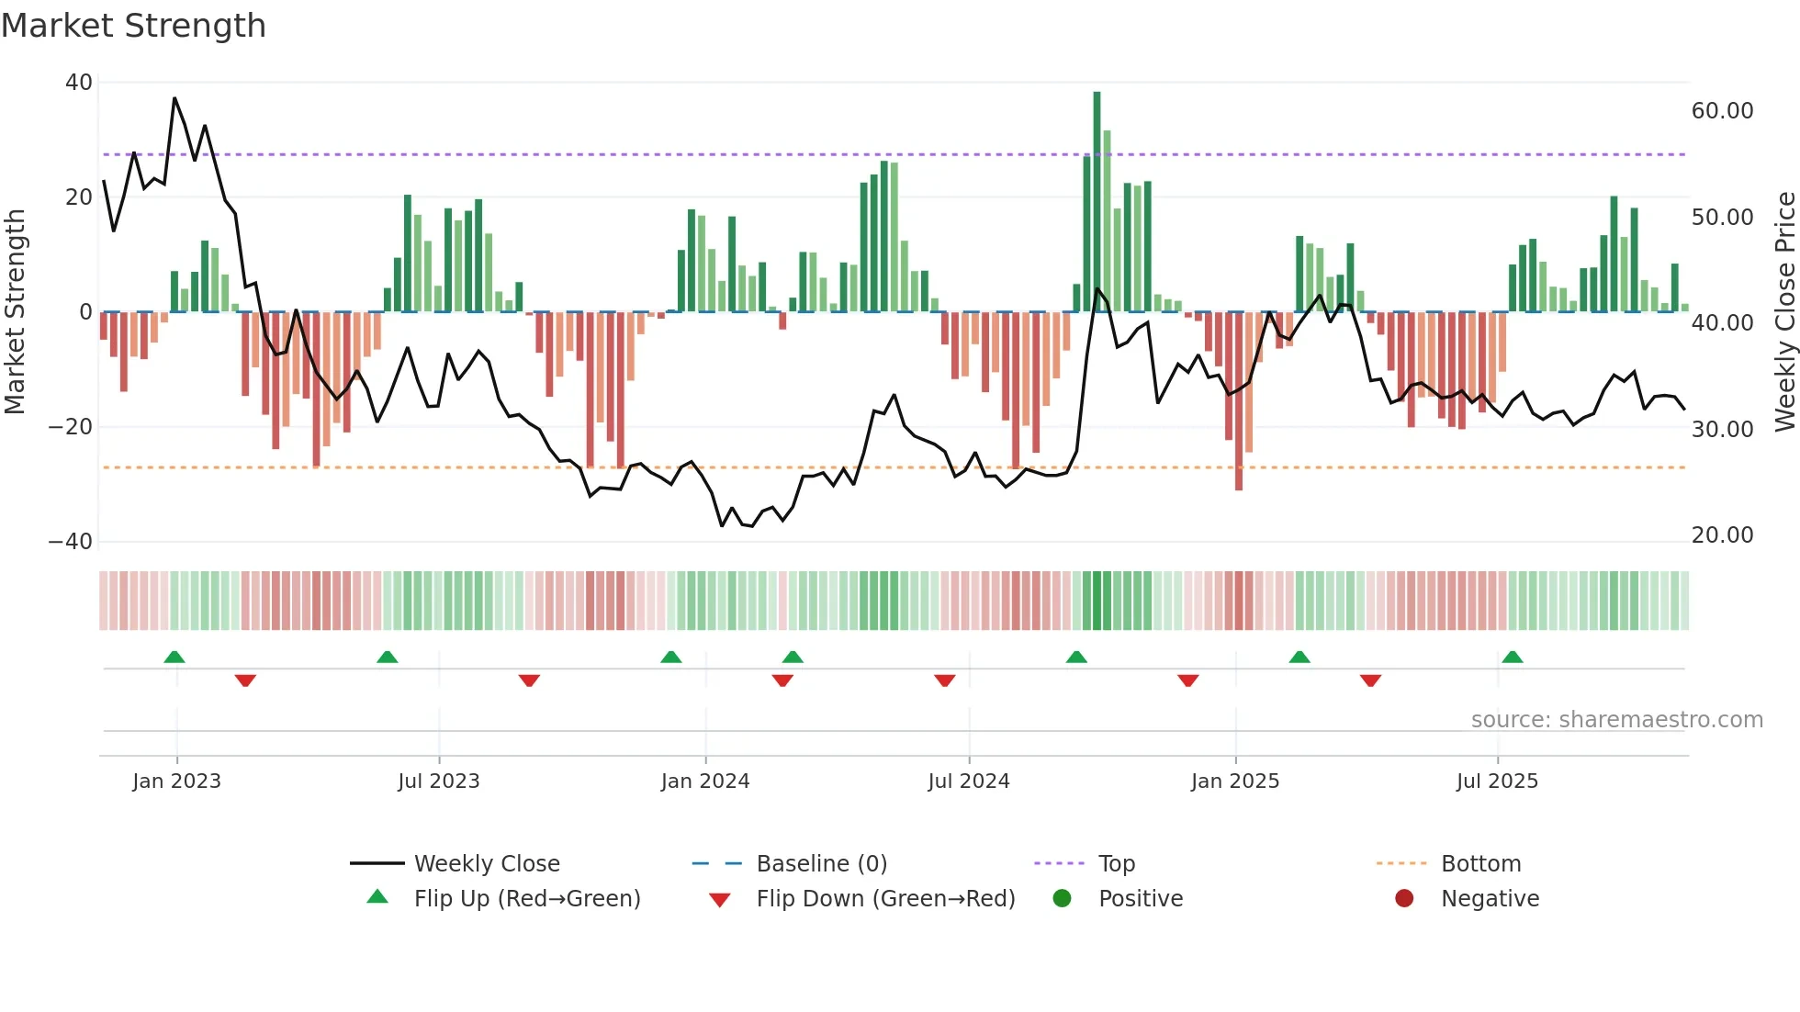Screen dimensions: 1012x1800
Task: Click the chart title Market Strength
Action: [133, 26]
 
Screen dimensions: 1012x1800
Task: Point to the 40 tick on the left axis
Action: [79, 83]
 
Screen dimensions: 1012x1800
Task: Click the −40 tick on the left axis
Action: [72, 542]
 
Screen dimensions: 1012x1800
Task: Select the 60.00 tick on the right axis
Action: [1722, 111]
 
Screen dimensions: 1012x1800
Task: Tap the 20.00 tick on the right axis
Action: [1722, 535]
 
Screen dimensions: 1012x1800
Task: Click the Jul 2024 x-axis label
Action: [968, 781]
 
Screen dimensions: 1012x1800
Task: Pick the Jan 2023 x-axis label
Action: [176, 781]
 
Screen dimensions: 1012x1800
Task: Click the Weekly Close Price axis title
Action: [1784, 312]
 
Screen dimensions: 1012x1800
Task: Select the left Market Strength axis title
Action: [16, 312]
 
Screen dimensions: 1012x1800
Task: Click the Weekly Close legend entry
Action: [486, 864]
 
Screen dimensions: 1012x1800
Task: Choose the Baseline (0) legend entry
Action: [821, 864]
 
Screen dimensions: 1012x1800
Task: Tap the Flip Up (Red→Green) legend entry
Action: [526, 899]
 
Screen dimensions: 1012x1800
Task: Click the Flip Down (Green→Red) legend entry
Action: [885, 899]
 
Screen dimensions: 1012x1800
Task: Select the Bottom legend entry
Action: [1480, 864]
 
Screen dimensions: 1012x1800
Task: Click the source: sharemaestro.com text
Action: [1616, 720]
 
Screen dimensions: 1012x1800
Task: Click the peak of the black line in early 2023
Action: [174, 98]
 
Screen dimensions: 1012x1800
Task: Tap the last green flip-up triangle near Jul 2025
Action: [1512, 657]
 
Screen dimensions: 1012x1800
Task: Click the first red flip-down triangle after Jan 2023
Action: [245, 680]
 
